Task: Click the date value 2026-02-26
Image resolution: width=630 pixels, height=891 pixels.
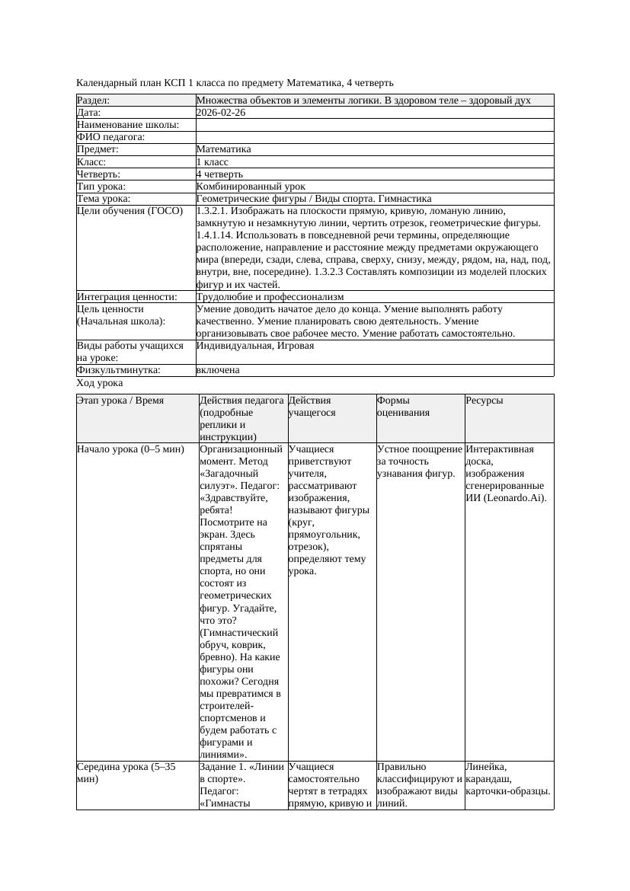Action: [x=221, y=113]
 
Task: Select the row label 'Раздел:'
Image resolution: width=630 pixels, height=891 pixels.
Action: [x=94, y=101]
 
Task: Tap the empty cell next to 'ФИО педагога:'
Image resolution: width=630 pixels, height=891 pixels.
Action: [x=374, y=137]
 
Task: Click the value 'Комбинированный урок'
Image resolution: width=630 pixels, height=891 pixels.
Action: [x=251, y=186]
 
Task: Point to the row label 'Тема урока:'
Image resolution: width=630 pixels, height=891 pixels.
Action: [x=104, y=198]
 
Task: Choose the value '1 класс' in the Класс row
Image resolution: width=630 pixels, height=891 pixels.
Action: [x=213, y=161]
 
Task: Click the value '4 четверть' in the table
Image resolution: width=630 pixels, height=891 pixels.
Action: [x=219, y=174]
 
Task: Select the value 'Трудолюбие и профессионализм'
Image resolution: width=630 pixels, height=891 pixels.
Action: [x=270, y=297]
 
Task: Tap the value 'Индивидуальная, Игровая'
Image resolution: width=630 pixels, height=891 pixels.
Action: [x=254, y=346]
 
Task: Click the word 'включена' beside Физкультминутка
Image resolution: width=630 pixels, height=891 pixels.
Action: [x=218, y=370]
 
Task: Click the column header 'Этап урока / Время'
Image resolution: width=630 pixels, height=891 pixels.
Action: [x=120, y=401]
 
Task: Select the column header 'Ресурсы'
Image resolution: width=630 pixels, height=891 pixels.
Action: [x=484, y=401]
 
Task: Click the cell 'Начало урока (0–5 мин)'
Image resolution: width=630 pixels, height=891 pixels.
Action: [x=130, y=449]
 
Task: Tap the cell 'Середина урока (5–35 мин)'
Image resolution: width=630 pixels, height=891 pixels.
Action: [x=126, y=774]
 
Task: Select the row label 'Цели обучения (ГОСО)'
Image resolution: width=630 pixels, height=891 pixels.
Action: [x=130, y=211]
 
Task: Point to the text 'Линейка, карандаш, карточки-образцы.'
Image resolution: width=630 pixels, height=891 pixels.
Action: [x=508, y=779]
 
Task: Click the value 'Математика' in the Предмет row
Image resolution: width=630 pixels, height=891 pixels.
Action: [x=223, y=149]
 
